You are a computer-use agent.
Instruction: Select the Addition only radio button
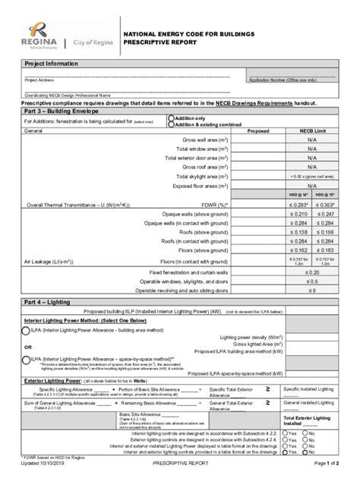point(171,118)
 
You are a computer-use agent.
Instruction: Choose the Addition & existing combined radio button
point(171,124)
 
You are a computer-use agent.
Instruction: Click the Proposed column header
point(258,131)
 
